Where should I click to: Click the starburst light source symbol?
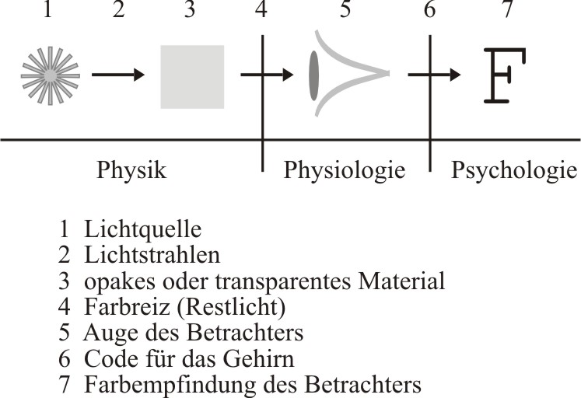pos(51,75)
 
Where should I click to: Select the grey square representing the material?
pos(192,77)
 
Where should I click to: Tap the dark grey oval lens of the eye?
pos(314,76)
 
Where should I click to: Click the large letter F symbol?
pos(505,75)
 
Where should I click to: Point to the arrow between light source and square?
pos(117,75)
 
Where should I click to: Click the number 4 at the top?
pos(261,9)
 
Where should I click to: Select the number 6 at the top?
pos(430,9)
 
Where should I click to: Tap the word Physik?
pos(131,170)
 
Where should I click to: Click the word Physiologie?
pos(345,170)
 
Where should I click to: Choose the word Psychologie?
pos(514,170)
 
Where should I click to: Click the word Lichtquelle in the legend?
pos(143,229)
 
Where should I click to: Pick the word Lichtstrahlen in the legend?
pos(152,255)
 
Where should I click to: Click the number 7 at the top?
pos(508,9)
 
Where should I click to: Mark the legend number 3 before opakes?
pos(64,281)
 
